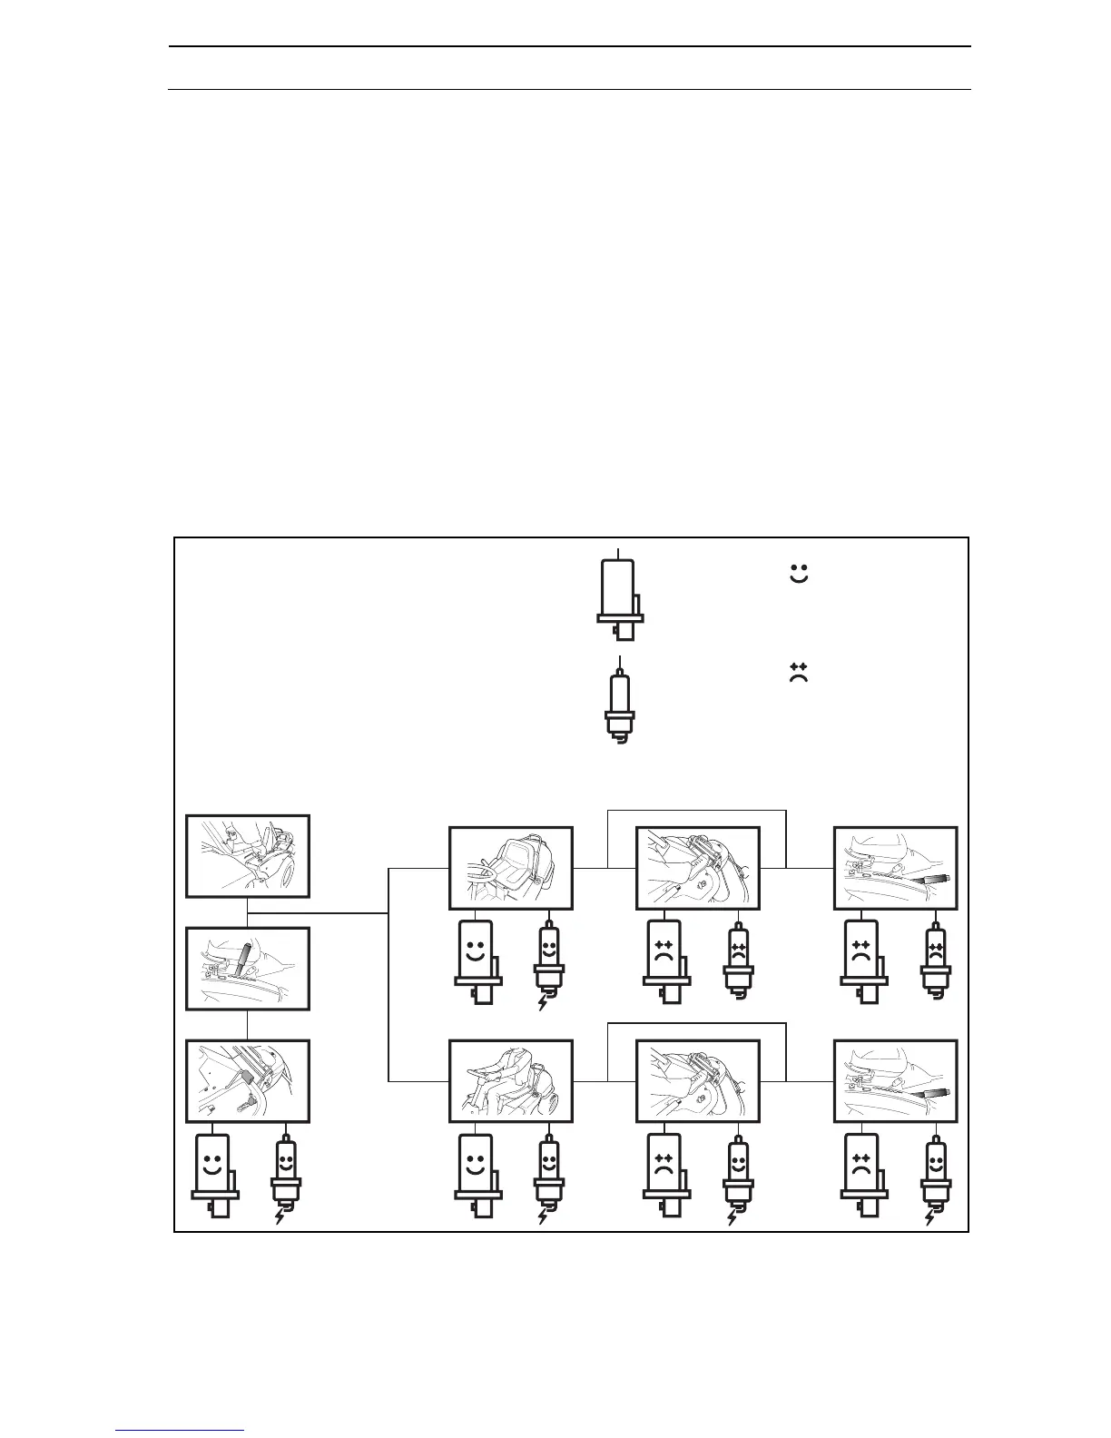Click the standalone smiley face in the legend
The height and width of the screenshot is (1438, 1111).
799,574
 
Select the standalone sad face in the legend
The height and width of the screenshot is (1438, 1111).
799,673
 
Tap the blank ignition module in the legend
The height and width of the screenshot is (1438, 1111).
620,594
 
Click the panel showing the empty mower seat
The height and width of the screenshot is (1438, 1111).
511,868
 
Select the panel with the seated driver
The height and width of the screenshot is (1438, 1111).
511,1081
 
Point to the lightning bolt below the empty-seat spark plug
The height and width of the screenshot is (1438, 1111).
543,1003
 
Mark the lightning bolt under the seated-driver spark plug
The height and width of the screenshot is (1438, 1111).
543,1216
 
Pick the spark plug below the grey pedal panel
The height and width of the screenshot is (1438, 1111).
284,1173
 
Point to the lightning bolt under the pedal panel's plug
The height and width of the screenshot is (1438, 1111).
280,1216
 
